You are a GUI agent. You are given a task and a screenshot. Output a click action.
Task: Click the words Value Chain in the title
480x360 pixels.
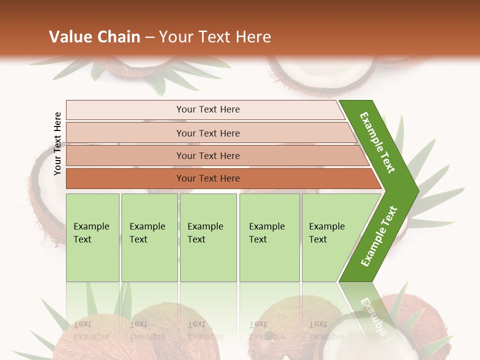click(94, 37)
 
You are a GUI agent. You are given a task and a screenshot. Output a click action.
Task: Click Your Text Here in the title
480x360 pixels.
click(215, 37)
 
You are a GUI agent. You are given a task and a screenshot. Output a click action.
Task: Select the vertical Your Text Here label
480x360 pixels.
click(57, 143)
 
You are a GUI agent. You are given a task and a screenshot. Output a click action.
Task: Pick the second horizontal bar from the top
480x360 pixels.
click(208, 133)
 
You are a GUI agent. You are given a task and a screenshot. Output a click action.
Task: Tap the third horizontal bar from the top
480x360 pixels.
click(208, 155)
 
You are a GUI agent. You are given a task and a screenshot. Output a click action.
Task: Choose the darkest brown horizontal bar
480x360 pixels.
click(208, 178)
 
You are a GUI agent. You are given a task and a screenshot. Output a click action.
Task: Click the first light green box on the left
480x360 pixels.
click(92, 237)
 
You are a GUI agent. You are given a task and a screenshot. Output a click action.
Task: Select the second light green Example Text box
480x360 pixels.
click(149, 237)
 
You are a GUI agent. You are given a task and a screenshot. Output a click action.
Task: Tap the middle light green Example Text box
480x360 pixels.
click(208, 237)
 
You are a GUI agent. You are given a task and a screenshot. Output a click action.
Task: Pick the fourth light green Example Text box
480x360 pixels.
click(269, 237)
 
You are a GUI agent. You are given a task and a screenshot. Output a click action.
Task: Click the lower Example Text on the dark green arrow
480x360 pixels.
click(379, 236)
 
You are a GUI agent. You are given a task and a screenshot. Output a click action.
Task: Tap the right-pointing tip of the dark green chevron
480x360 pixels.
click(416, 190)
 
